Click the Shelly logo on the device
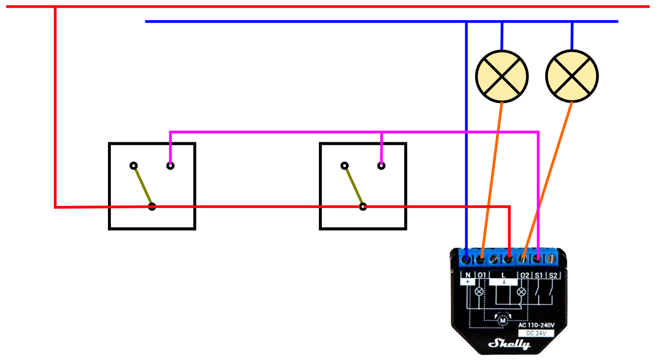pyautogui.click(x=509, y=344)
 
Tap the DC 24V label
pyautogui.click(x=536, y=334)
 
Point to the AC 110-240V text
pyautogui.click(x=536, y=325)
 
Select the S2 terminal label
pyautogui.click(x=553, y=276)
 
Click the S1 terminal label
pyautogui.click(x=538, y=276)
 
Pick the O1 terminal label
pyautogui.click(x=482, y=275)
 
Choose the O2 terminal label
pyautogui.click(x=525, y=276)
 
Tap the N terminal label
pyautogui.click(x=468, y=275)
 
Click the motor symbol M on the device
pyautogui.click(x=502, y=320)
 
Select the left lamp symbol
pyautogui.click(x=502, y=77)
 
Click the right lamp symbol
pyautogui.click(x=572, y=76)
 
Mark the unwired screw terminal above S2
pyautogui.click(x=551, y=259)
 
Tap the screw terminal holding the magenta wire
pyautogui.click(x=537, y=259)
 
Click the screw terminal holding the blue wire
pyautogui.click(x=466, y=259)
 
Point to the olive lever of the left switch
pyautogui.click(x=143, y=186)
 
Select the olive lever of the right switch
pyautogui.click(x=354, y=186)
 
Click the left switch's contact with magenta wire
pyautogui.click(x=170, y=166)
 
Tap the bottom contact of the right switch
pyautogui.click(x=363, y=206)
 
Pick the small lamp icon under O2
pyautogui.click(x=522, y=292)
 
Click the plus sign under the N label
pyautogui.click(x=468, y=282)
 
